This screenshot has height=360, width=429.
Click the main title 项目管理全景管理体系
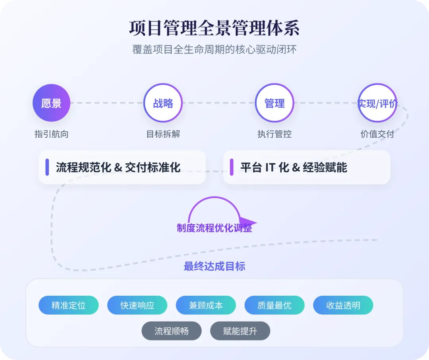tap(214, 28)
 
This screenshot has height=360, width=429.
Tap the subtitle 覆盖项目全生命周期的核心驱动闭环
tap(214, 50)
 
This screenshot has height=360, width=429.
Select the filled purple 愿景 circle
tap(52, 103)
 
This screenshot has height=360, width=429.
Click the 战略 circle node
tap(163, 103)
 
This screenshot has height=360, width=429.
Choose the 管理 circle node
tap(274, 103)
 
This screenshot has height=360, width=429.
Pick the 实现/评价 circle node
tap(377, 103)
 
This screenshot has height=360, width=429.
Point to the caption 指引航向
tap(52, 134)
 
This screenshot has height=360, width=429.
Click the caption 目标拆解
tap(163, 134)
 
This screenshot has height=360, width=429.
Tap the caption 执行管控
tap(274, 134)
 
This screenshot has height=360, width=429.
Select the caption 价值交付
tap(377, 134)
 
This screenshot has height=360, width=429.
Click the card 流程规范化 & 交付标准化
tap(122, 167)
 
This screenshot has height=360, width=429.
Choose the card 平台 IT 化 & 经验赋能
tap(307, 167)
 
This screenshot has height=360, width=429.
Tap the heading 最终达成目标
tap(214, 266)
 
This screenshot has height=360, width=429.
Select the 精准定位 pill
tap(68, 305)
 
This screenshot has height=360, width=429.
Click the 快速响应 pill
tap(137, 305)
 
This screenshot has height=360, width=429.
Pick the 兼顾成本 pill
tap(206, 305)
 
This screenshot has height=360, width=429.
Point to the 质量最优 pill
tap(274, 305)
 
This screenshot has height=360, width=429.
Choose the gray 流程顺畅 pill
tap(172, 331)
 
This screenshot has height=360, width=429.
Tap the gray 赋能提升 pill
tap(240, 331)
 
